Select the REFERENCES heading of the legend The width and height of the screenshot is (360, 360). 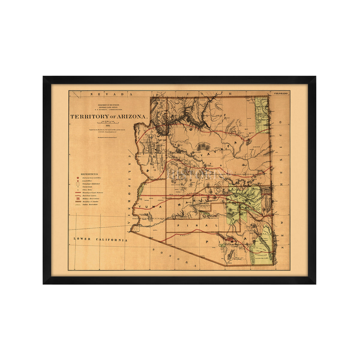click(89, 174)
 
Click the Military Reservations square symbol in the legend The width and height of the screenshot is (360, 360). click(78, 199)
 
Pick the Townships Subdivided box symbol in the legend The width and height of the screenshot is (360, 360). click(78, 184)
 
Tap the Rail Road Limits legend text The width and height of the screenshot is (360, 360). click(91, 195)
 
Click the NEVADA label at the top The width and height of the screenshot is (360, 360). click(111, 94)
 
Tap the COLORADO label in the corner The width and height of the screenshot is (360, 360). click(280, 94)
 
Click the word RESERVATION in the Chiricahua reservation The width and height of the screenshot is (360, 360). click(262, 253)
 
